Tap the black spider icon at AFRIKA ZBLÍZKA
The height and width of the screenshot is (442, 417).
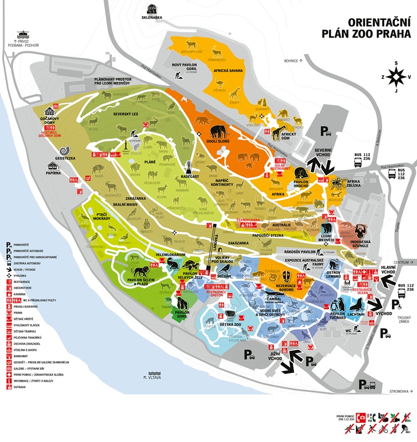click(337, 185)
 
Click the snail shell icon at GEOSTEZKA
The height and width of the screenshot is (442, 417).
click(65, 149)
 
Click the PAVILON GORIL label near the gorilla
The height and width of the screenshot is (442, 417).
click(183, 314)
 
